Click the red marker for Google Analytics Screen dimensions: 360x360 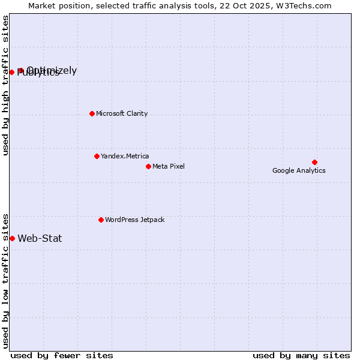314,162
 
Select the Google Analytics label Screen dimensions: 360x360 299,170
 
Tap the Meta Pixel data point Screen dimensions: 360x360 148,166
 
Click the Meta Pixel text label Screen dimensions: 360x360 169,166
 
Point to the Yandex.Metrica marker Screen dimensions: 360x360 97,156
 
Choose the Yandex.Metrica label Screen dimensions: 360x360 125,156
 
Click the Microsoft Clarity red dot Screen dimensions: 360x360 92,113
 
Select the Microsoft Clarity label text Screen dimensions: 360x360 122,113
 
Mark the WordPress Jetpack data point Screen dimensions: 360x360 101,220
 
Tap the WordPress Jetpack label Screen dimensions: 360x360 134,220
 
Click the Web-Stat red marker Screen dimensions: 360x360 12,238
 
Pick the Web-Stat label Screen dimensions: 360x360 40,238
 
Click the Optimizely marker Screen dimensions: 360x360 20,70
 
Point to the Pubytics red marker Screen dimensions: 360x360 11,72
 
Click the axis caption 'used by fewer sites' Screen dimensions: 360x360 62,355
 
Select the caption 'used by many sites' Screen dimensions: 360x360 301,355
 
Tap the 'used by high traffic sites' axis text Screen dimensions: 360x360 6,85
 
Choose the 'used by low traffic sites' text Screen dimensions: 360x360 6,280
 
